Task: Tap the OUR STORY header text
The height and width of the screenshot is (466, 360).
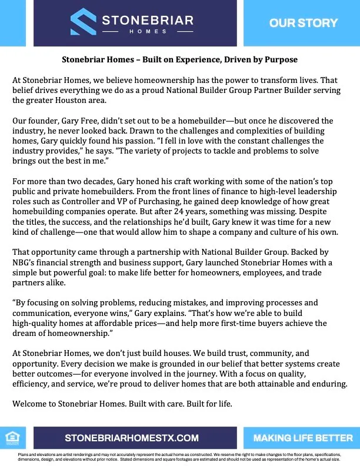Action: (303, 23)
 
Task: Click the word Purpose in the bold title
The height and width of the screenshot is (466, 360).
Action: (280, 60)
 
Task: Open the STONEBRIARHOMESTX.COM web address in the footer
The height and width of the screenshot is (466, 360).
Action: (132, 438)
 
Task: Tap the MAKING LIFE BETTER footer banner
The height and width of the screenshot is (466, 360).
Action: (302, 438)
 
